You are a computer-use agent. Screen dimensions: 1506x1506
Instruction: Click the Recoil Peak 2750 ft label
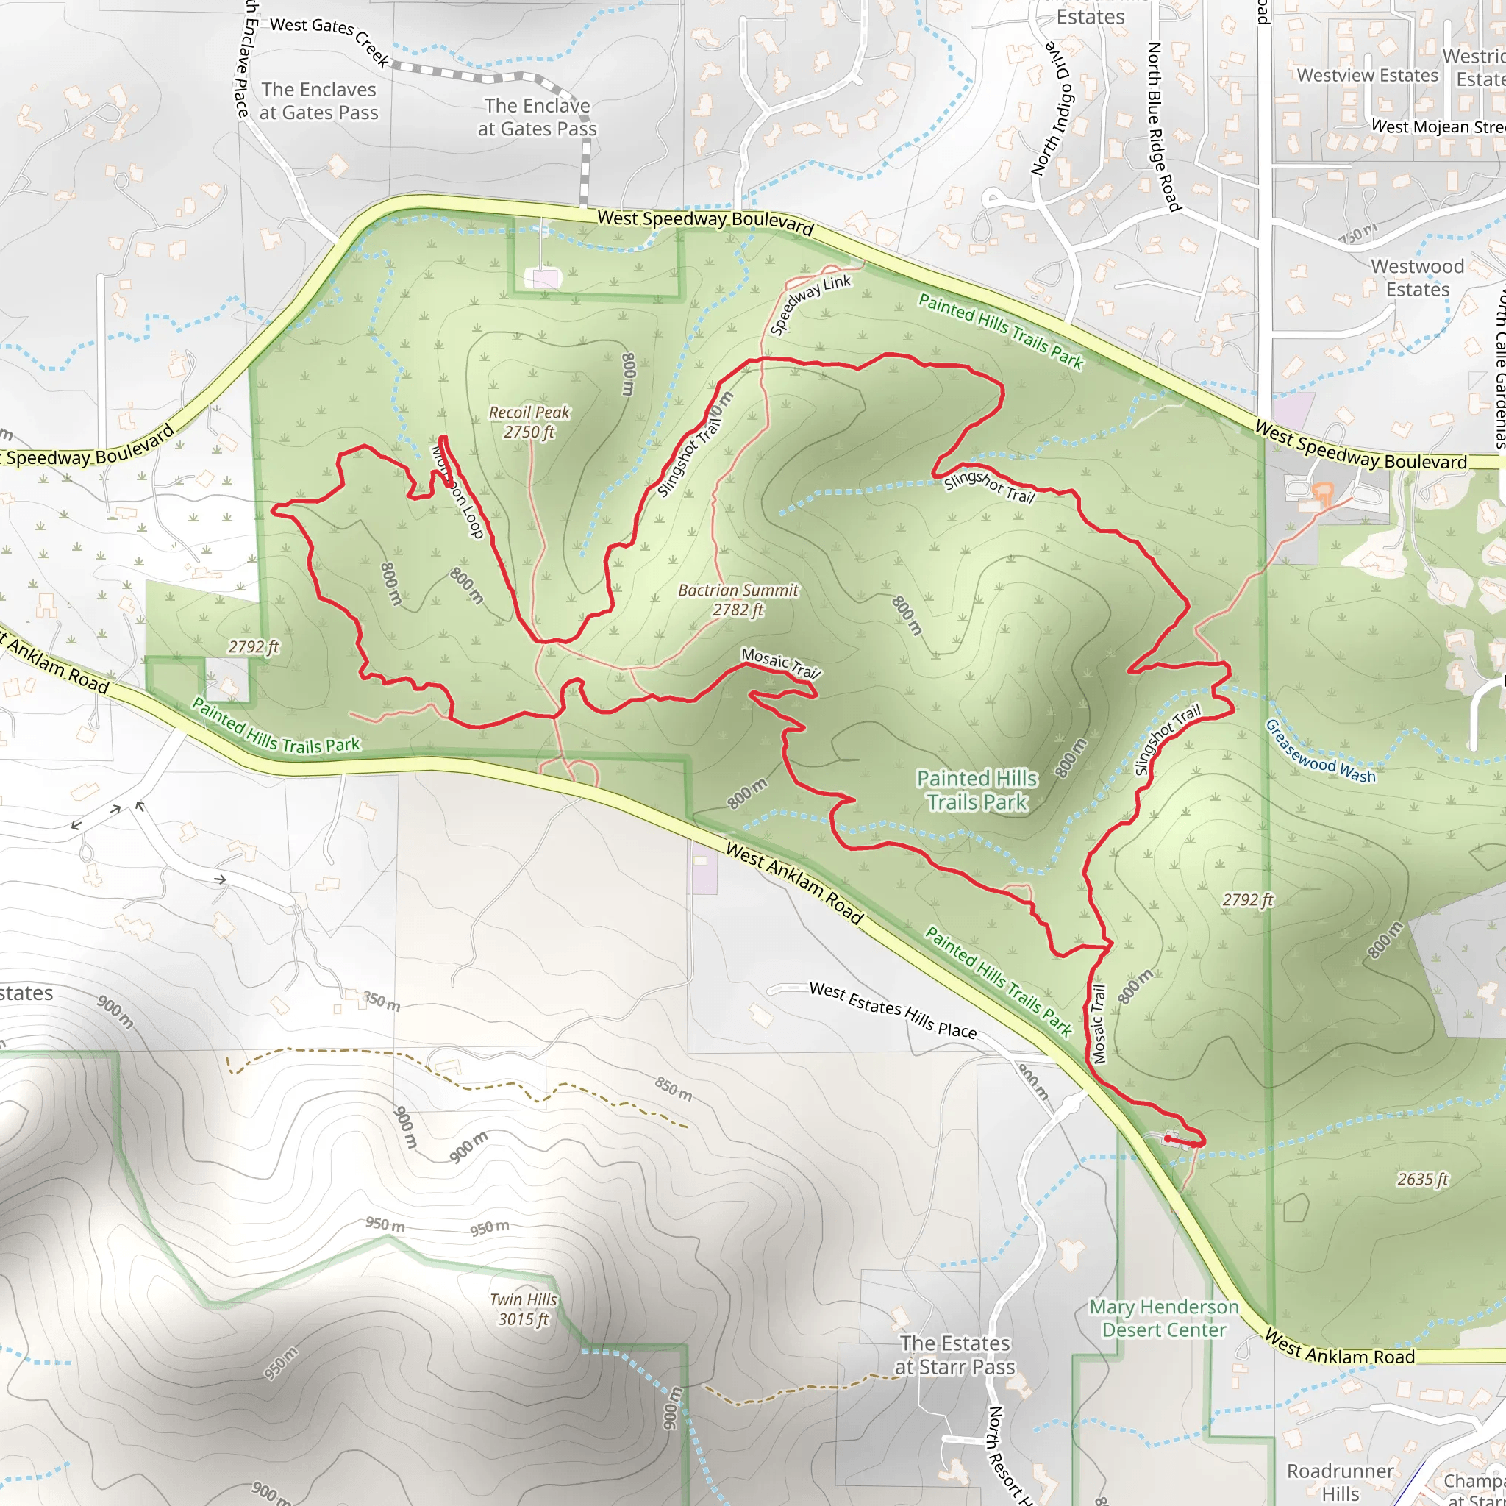(529, 421)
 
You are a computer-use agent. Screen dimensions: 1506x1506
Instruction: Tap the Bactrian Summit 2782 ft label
(738, 599)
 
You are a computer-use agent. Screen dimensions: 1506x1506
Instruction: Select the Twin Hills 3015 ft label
(523, 1309)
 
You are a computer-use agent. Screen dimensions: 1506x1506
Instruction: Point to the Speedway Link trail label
(810, 304)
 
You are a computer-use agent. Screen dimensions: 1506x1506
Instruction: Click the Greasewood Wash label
(1320, 751)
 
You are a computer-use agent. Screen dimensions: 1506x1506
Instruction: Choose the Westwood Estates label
(1417, 277)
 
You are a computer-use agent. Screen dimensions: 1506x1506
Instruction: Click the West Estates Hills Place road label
(893, 1010)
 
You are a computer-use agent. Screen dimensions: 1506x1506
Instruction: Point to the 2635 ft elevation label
(1422, 1180)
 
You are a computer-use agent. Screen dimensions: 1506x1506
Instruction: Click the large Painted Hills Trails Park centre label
(977, 790)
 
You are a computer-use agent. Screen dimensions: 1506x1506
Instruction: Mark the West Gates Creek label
(329, 39)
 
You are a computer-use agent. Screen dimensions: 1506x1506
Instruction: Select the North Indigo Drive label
(1052, 109)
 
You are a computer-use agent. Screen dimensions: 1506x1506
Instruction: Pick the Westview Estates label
(1367, 76)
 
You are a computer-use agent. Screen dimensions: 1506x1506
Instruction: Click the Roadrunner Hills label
(1340, 1482)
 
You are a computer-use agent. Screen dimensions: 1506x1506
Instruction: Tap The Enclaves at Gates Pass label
(319, 101)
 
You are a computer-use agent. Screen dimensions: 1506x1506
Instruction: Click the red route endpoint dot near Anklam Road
(1167, 1139)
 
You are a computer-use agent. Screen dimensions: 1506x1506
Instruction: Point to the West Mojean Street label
(1437, 126)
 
